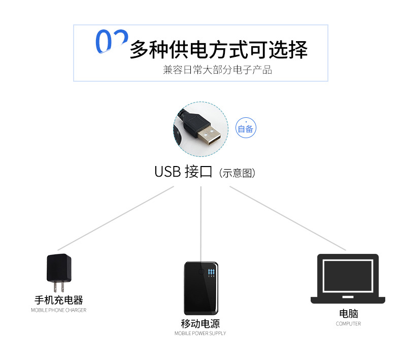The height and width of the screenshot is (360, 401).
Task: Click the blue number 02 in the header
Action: [x=112, y=41]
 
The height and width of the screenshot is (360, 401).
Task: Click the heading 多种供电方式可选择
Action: [x=219, y=49]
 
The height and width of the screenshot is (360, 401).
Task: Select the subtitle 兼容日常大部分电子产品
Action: [x=217, y=70]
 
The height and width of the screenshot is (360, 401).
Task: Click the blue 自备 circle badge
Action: [x=246, y=128]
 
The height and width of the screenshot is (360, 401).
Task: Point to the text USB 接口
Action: [x=183, y=172]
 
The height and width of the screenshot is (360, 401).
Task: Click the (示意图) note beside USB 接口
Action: [x=238, y=173]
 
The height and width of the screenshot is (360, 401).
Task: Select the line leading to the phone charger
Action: [x=116, y=218]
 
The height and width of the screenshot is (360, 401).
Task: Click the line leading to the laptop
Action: [x=288, y=218]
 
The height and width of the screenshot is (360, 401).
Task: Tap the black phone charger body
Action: [x=59, y=268]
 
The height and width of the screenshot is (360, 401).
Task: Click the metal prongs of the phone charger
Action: [x=59, y=287]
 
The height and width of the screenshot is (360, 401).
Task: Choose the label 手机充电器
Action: [x=59, y=300]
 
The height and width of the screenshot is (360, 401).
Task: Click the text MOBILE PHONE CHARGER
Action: [x=58, y=310]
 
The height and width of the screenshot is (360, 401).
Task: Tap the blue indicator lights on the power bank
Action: [x=211, y=273]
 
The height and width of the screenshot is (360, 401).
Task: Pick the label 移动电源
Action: [x=200, y=323]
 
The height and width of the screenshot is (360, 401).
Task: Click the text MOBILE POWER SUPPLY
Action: [x=200, y=334]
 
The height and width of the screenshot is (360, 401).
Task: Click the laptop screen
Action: [x=348, y=276]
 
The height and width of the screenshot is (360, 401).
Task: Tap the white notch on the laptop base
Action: [x=348, y=297]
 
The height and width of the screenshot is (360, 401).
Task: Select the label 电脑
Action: [x=348, y=313]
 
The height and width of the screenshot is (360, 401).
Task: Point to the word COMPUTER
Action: [x=348, y=323]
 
